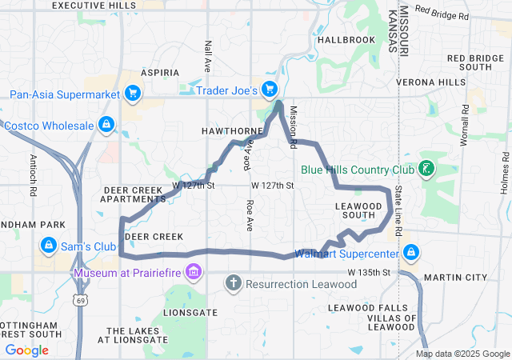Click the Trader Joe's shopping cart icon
[x=270, y=90]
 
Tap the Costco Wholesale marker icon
[x=106, y=125]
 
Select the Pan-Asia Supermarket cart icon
[x=133, y=94]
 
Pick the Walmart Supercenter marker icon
[x=411, y=254]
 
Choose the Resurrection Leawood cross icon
[x=234, y=282]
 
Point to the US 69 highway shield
[x=82, y=301]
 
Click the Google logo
[x=27, y=350]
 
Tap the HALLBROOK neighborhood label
[x=346, y=39]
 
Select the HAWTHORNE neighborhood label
[x=232, y=130]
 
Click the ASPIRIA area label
[x=160, y=73]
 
